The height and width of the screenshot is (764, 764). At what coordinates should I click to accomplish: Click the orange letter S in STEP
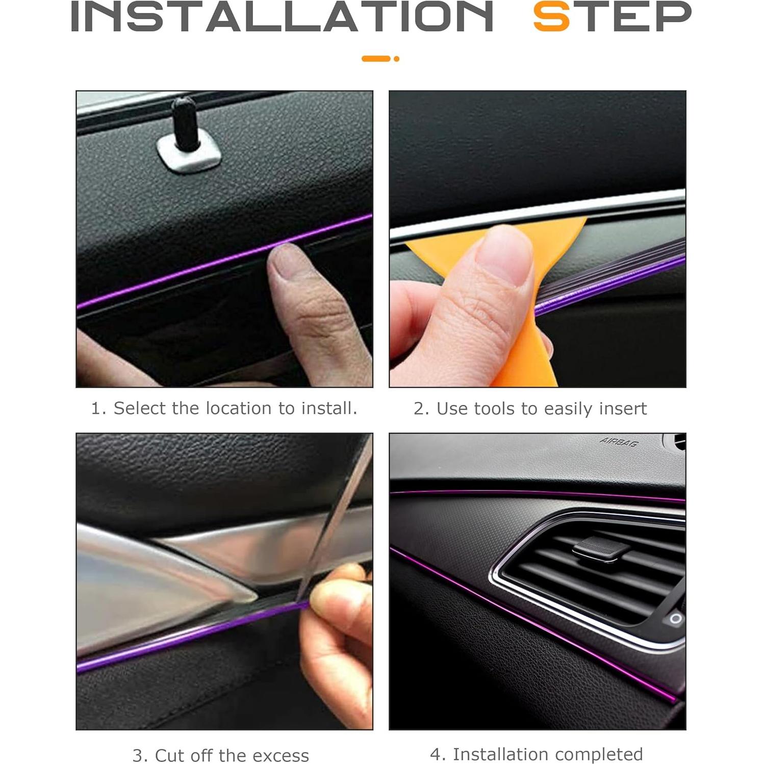click(x=551, y=17)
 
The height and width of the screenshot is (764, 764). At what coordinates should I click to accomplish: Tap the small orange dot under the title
click(x=396, y=59)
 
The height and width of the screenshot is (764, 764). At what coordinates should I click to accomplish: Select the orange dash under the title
click(x=376, y=59)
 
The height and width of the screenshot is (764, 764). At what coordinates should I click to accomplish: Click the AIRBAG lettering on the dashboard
click(x=619, y=442)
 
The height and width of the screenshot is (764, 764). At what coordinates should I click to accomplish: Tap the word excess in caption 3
click(x=281, y=755)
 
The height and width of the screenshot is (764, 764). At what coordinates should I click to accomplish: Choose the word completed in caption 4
click(x=599, y=754)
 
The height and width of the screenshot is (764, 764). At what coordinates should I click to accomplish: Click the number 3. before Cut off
click(x=140, y=755)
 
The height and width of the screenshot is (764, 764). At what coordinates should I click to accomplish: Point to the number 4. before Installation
click(x=438, y=754)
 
